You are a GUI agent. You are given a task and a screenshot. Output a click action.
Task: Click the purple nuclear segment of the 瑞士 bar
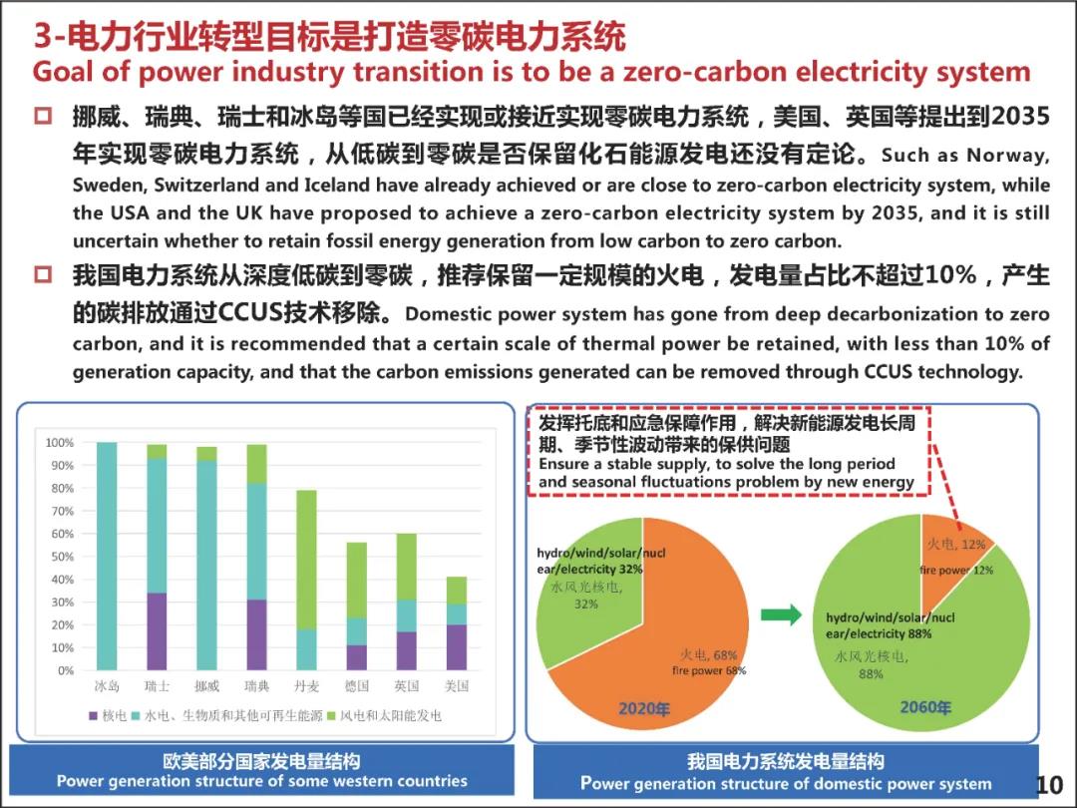(157, 630)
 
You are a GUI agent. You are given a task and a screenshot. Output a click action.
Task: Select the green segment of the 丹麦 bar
(306, 560)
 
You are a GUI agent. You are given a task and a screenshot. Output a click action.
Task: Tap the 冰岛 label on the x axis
(107, 686)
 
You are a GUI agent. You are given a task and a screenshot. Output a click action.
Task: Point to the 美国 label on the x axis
(456, 686)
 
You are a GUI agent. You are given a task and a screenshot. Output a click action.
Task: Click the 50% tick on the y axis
(60, 557)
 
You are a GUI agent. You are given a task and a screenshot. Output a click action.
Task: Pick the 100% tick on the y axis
(59, 443)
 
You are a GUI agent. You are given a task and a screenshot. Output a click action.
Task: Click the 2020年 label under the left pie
(644, 708)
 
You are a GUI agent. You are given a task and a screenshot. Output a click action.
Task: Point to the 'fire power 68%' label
(709, 670)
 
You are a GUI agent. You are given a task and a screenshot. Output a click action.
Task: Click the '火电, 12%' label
(956, 544)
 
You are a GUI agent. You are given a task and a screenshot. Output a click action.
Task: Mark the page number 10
(1049, 784)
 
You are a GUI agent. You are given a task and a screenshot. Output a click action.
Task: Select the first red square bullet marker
(43, 117)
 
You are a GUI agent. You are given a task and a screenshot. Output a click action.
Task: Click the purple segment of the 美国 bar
(456, 646)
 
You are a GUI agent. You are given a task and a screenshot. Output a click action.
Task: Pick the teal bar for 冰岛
(107, 556)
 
